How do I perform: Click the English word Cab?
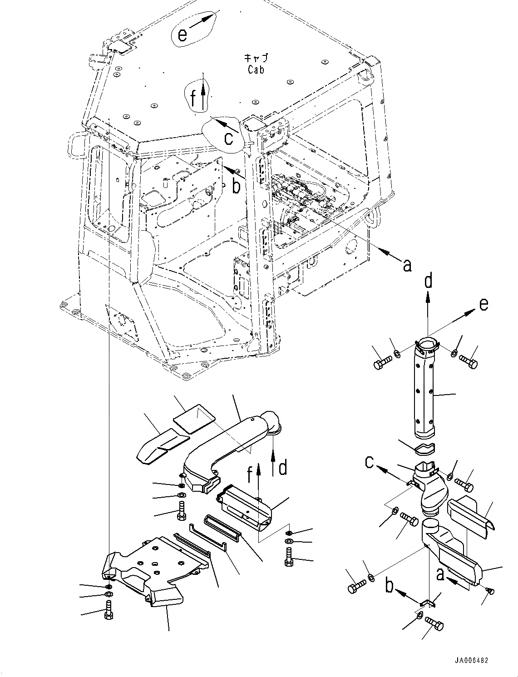tap(256, 69)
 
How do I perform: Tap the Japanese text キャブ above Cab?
tap(256, 58)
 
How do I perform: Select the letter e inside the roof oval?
tap(183, 35)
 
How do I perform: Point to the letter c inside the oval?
tap(229, 138)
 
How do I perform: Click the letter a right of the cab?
tap(407, 264)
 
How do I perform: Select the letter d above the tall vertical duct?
tap(428, 282)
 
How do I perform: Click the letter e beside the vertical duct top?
tap(484, 304)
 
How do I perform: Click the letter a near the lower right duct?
tap(439, 574)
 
